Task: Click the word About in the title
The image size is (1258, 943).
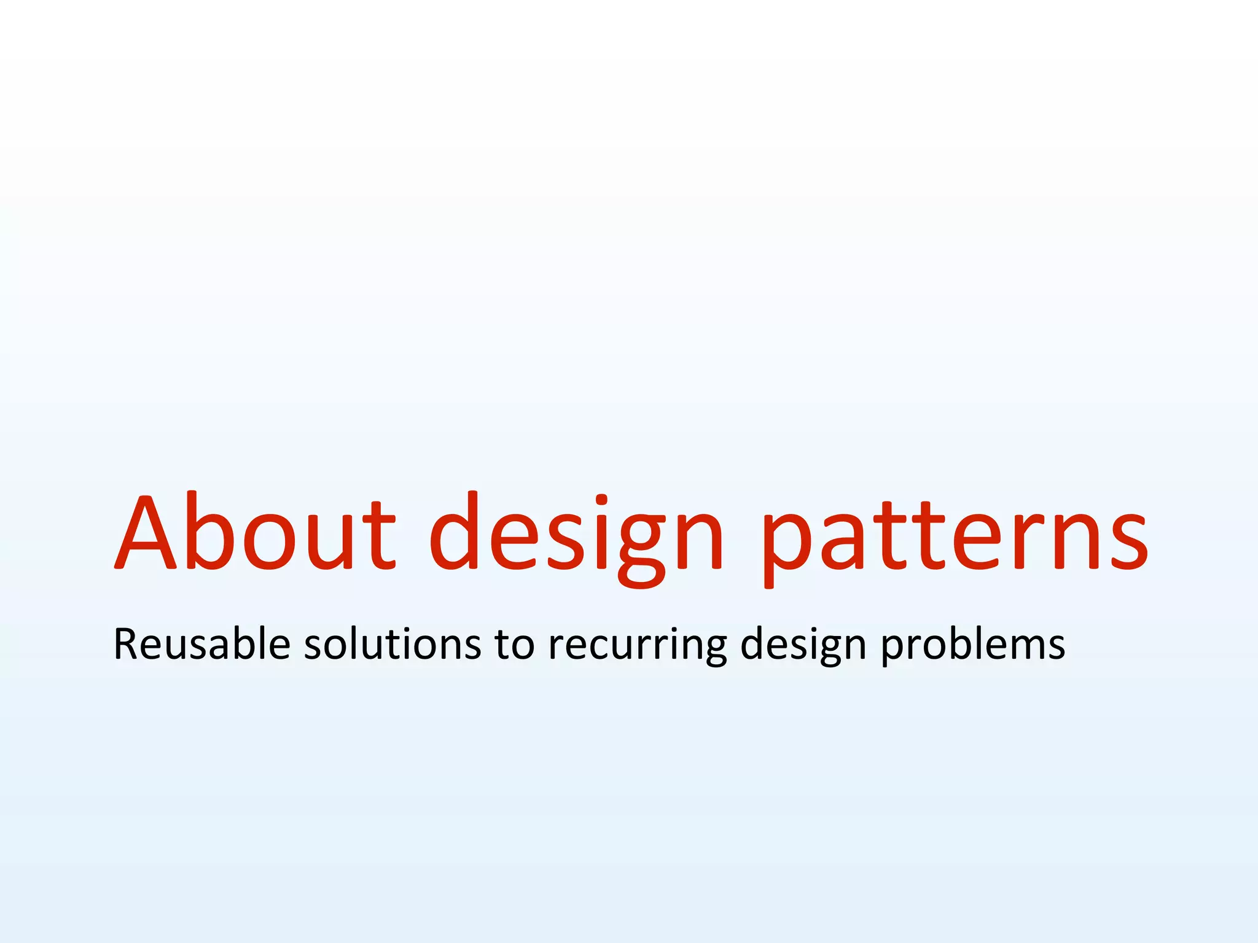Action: (255, 532)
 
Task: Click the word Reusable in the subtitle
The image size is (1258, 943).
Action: (201, 645)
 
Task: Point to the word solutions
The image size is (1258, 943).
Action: (393, 645)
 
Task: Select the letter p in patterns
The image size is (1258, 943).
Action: (787, 544)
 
